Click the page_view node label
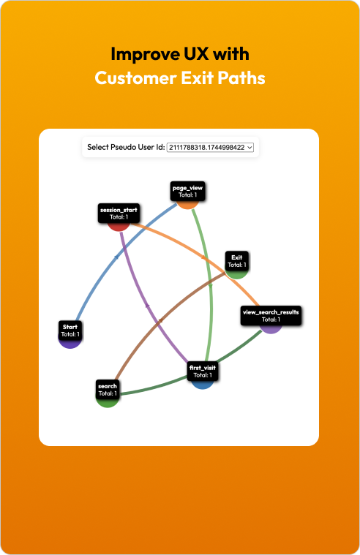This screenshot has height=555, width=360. pos(187,191)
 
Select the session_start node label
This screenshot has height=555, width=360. pos(119,213)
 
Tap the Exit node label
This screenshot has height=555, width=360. pos(236,261)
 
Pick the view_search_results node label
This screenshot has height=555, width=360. pos(271,315)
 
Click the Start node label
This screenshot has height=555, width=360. pos(70,331)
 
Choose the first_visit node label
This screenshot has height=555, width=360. pos(203,371)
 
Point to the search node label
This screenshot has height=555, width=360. pos(108,390)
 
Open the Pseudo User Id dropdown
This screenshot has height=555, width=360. pos(210,147)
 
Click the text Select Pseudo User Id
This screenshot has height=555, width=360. pos(126,147)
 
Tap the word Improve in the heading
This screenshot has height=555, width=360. pos(146,54)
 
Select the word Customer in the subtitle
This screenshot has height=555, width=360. pos(135,78)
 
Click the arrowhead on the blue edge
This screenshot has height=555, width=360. pos(116,257)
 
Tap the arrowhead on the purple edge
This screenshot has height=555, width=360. pos(147,305)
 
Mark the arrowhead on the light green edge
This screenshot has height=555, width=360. pos(211,285)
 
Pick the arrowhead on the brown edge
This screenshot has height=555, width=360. pos(160,321)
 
